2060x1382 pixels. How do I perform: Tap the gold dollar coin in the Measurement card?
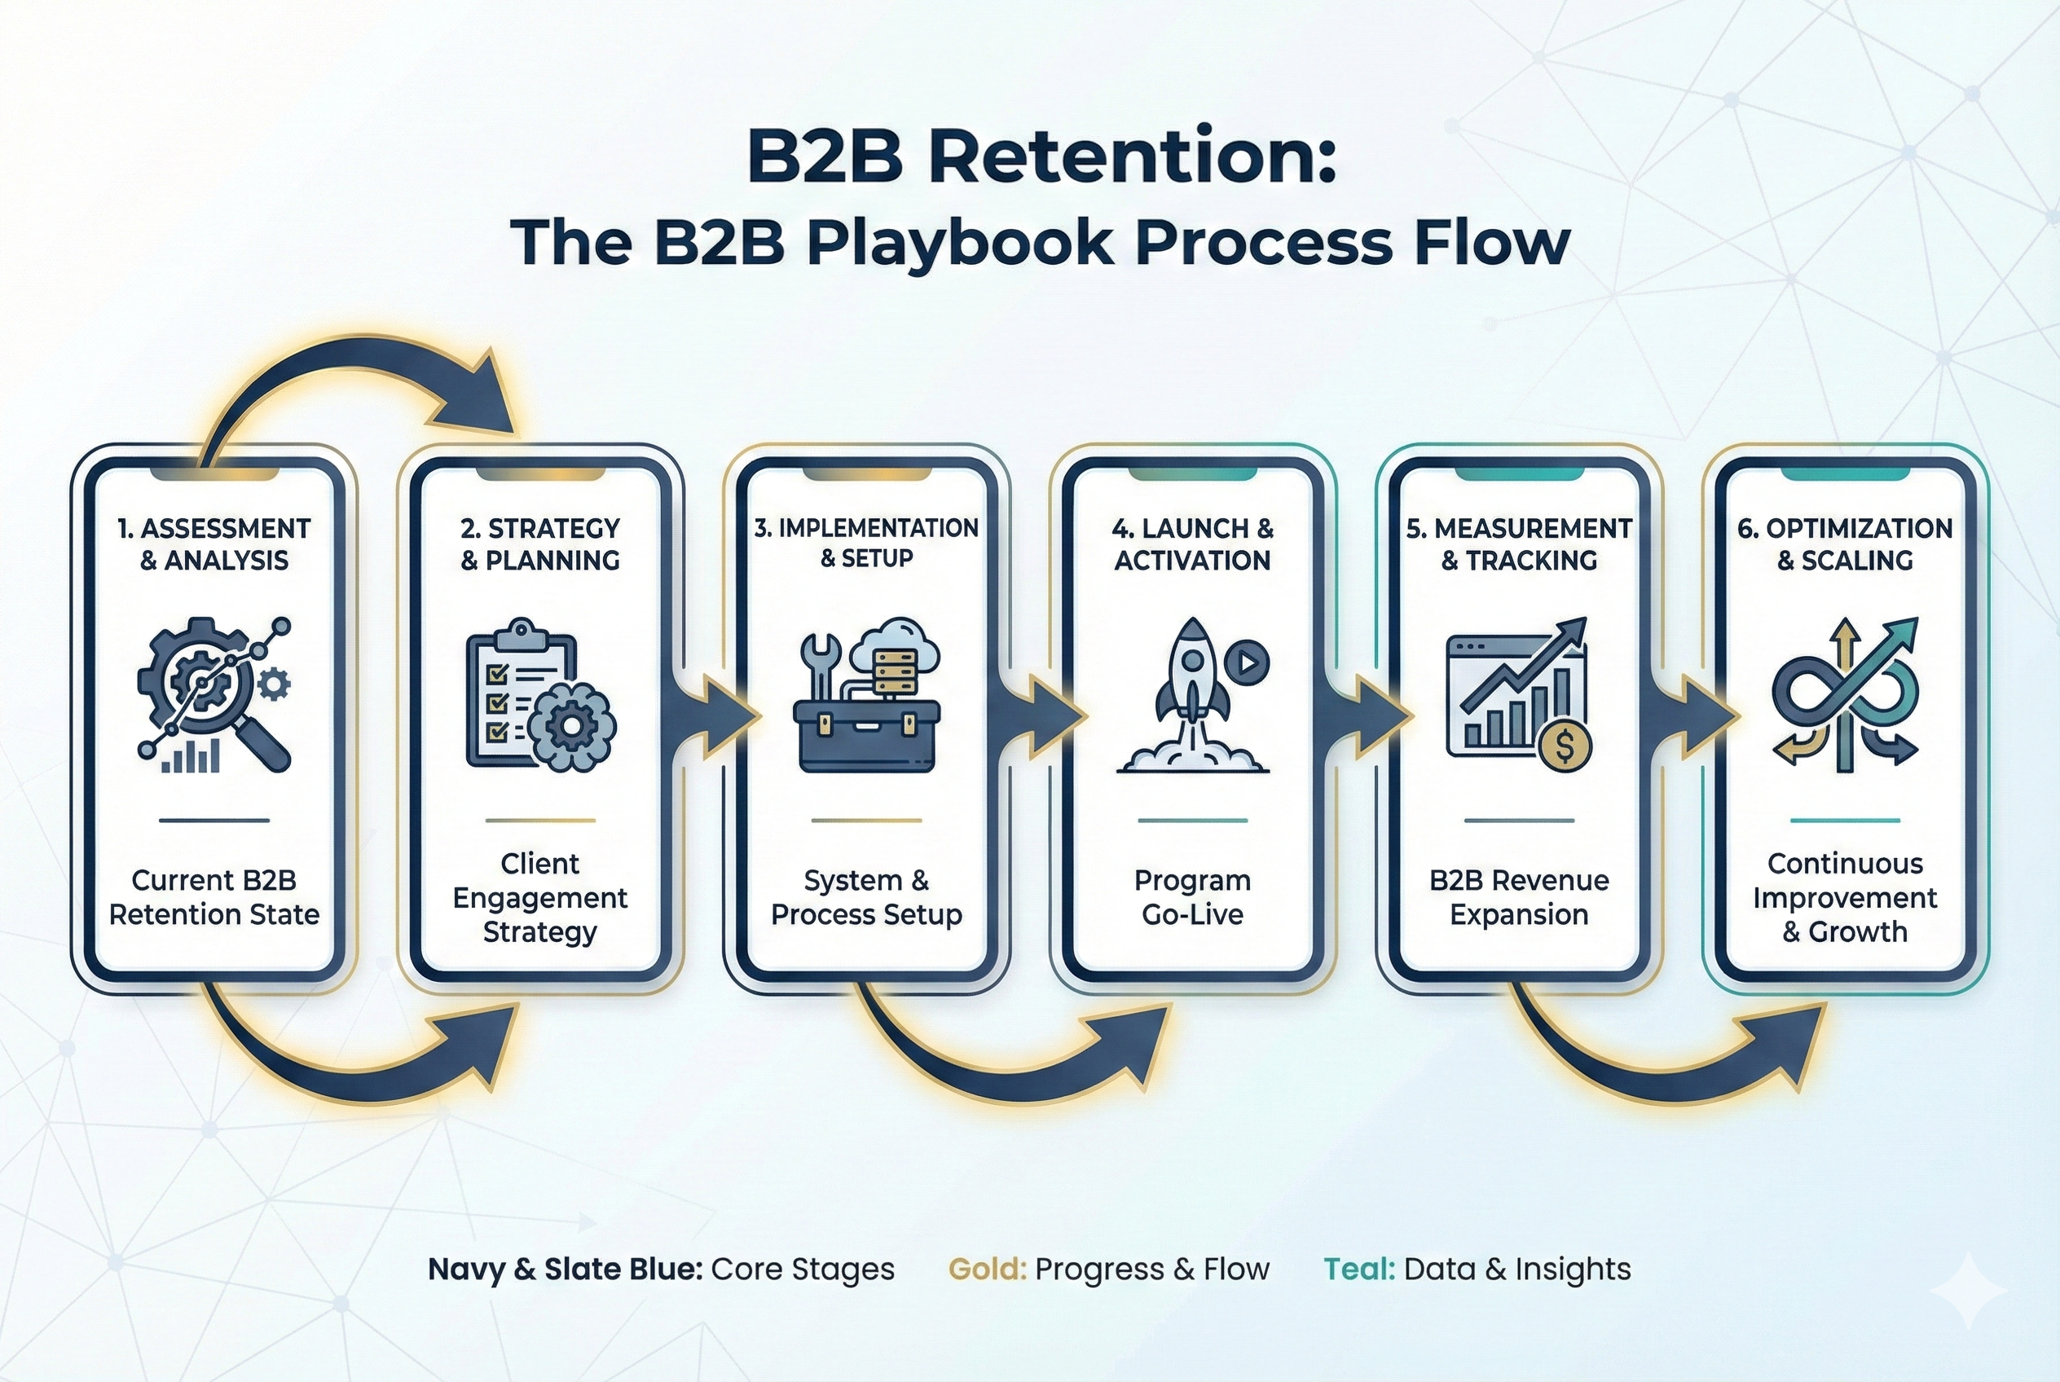(1565, 747)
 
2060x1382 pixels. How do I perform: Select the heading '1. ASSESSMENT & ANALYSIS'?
(214, 544)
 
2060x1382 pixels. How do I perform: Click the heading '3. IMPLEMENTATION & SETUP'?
(866, 542)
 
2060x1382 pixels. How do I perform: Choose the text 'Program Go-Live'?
(1191, 897)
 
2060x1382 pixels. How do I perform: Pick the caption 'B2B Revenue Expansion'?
(1519, 897)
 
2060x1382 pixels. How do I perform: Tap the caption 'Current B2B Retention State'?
(214, 897)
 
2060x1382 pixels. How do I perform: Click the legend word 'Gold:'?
(986, 1270)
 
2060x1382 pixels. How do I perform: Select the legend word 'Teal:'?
(1358, 1270)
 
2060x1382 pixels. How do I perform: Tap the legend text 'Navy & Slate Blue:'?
(565, 1270)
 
